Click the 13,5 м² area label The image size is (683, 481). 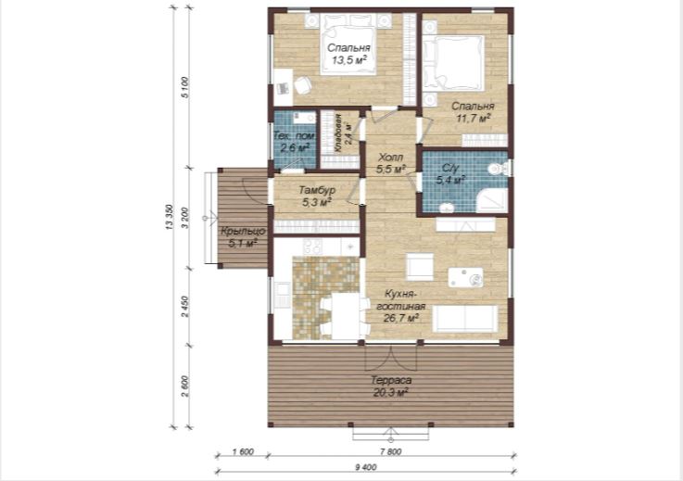[x=348, y=60]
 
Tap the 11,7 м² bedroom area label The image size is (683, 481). [x=473, y=118]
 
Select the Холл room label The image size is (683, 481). [x=390, y=157]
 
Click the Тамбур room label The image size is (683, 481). [x=317, y=190]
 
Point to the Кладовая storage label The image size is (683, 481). [x=338, y=132]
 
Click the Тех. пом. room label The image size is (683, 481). [x=294, y=136]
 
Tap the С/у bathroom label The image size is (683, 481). [x=450, y=168]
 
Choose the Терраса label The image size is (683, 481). [x=391, y=380]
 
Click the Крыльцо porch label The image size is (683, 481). [x=242, y=231]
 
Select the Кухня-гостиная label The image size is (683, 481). [x=400, y=299]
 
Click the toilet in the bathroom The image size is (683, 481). [x=500, y=168]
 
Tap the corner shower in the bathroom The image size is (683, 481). [x=492, y=200]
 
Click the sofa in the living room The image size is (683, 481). [x=465, y=319]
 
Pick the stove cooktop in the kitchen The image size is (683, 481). [x=312, y=247]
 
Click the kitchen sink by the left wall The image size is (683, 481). [x=282, y=295]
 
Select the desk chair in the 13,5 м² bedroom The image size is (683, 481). [x=302, y=85]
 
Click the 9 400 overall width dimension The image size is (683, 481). [x=366, y=467]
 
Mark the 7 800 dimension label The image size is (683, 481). [x=390, y=452]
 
